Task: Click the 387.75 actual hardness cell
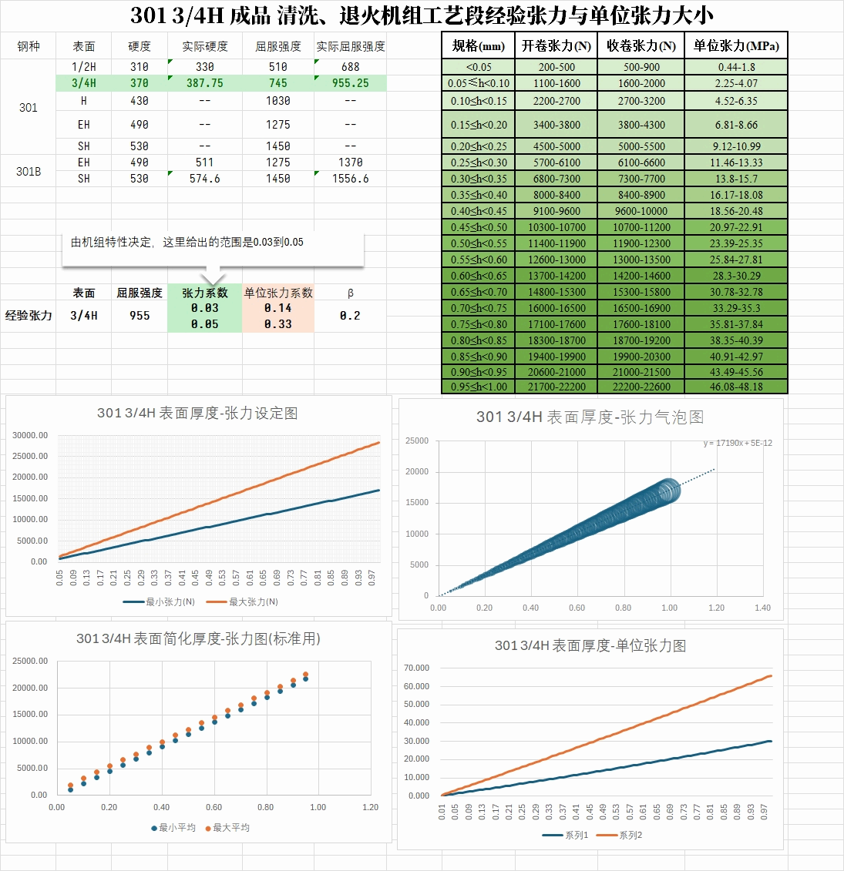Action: coord(204,83)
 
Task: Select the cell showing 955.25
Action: coord(350,83)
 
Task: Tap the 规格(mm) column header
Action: coord(478,45)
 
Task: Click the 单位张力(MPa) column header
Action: coord(736,45)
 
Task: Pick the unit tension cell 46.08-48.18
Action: coord(736,387)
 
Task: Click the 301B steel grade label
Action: coord(29,171)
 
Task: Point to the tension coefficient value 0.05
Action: coord(204,324)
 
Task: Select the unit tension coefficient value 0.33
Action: coord(277,324)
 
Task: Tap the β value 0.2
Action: coord(350,316)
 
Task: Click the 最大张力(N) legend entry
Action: coord(252,601)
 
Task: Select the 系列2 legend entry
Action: coord(629,835)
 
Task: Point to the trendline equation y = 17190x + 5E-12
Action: coord(737,443)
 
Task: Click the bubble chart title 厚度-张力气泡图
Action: coord(590,417)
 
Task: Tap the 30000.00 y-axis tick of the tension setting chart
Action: coord(30,435)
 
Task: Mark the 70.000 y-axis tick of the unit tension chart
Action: coord(417,668)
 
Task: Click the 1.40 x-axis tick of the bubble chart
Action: coord(762,608)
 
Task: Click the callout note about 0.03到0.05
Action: coord(187,242)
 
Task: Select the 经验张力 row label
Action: coord(29,316)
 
